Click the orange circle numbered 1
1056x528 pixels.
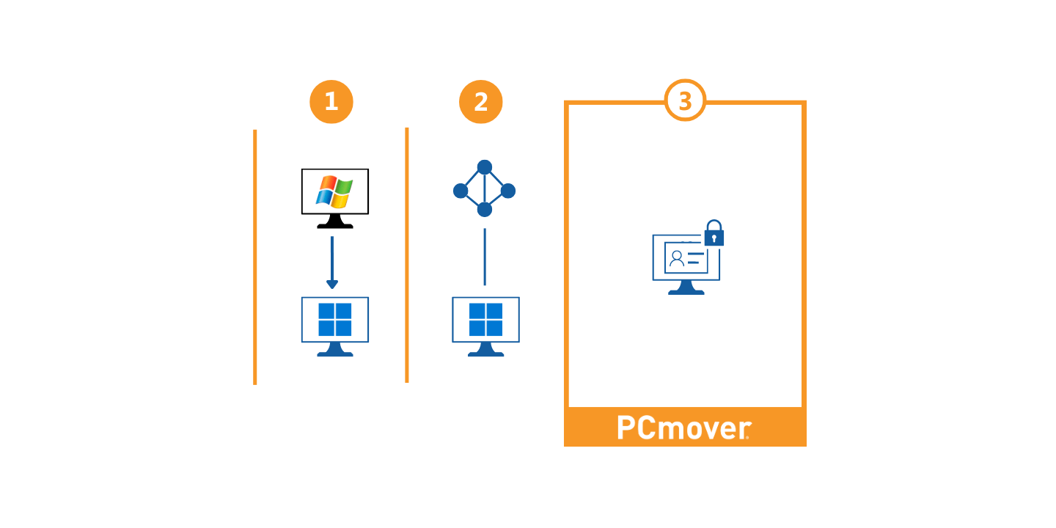point(331,102)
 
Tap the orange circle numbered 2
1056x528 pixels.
point(481,102)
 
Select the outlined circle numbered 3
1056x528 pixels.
point(685,100)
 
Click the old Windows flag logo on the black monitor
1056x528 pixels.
point(334,191)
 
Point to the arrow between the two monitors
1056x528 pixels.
point(332,263)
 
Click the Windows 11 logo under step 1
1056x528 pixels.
point(335,319)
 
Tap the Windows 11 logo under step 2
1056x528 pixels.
point(485,319)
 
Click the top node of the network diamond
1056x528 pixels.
point(485,167)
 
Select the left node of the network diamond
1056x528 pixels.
point(461,191)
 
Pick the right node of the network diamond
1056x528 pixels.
point(508,191)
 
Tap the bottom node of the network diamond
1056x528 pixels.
point(485,210)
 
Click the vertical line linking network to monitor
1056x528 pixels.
point(485,257)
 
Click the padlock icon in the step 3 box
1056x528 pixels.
point(714,234)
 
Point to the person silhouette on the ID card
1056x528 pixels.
point(677,258)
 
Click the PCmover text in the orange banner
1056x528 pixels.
point(683,428)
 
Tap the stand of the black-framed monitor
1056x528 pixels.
point(335,222)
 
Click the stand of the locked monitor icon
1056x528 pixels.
point(686,288)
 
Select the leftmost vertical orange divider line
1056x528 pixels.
point(255,257)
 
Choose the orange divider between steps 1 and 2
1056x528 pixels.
point(407,255)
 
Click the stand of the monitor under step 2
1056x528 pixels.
point(485,351)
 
